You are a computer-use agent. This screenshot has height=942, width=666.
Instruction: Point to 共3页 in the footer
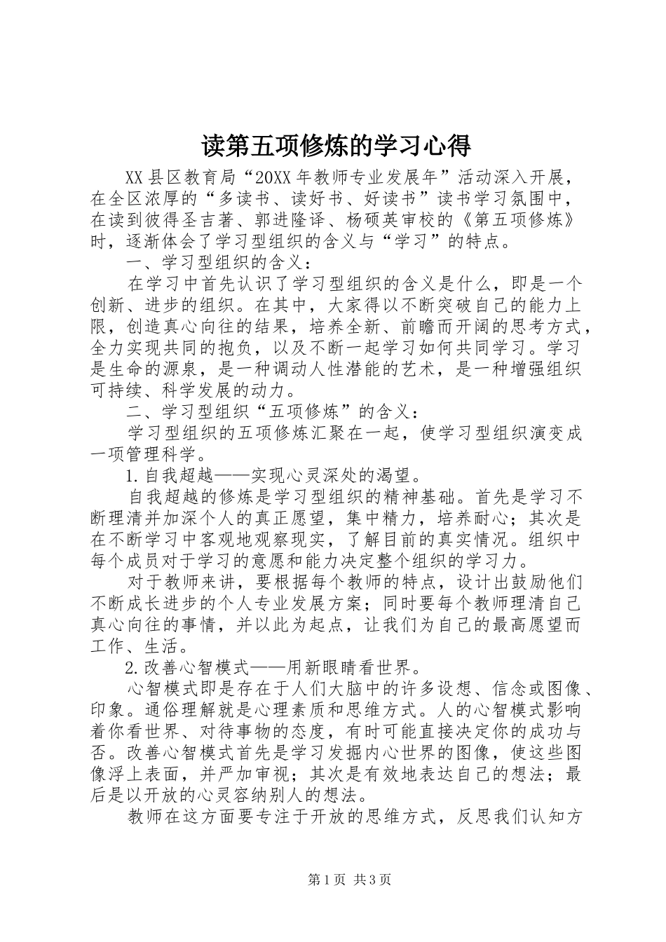pos(372,880)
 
